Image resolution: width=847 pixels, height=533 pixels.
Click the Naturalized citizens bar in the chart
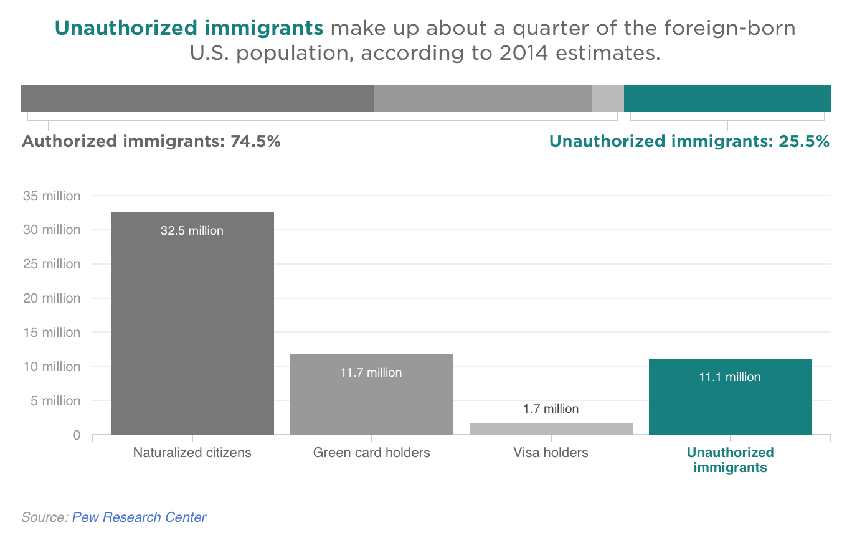point(192,324)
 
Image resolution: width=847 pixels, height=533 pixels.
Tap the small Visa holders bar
point(551,428)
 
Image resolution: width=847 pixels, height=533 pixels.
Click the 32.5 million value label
point(192,231)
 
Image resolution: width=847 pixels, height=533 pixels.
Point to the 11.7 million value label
point(371,373)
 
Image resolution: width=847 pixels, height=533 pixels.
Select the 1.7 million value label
point(551,409)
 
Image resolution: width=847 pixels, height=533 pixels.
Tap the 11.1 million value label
point(730,377)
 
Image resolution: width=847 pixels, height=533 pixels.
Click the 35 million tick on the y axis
point(52,196)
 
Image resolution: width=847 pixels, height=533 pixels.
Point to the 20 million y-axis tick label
point(52,298)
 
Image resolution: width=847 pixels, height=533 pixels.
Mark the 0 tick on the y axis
point(77,435)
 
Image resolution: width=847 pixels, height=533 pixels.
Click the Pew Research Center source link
point(139,517)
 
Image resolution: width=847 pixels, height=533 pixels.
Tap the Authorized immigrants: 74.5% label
point(151,142)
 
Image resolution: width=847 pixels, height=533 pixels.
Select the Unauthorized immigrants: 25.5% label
point(689,142)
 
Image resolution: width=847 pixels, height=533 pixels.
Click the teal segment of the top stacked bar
point(727,98)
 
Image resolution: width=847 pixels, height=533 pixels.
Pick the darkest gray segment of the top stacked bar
point(197,98)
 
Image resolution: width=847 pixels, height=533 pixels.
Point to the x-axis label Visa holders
point(551,453)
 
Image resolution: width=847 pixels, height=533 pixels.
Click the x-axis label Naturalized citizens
point(192,453)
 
